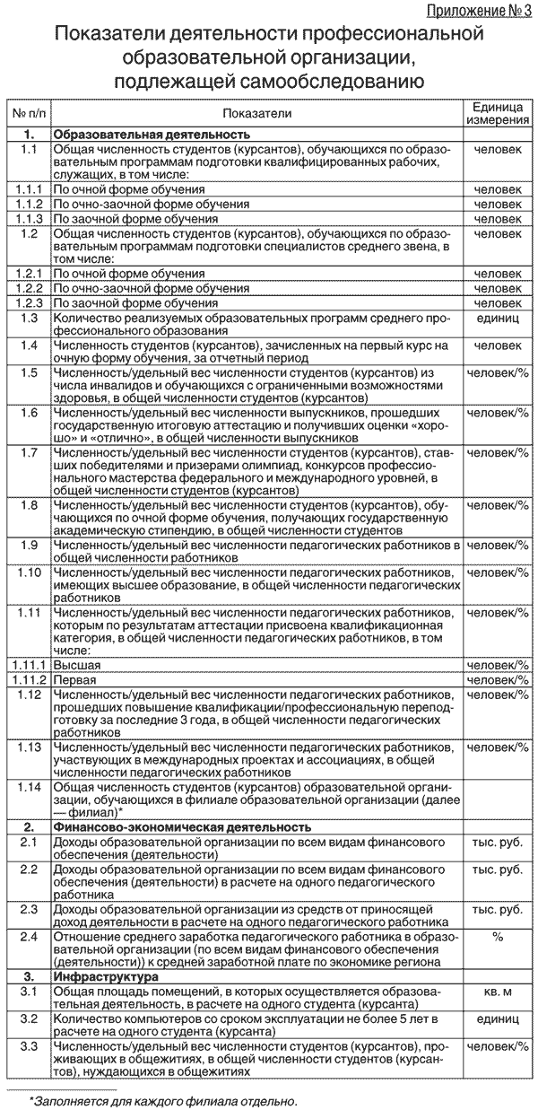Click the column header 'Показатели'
tap(256, 114)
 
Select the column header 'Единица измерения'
tap(497, 113)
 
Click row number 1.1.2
tap(29, 204)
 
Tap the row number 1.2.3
tap(29, 303)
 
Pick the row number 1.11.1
tap(29, 665)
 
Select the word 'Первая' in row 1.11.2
tap(75, 679)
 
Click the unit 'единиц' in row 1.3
tap(497, 318)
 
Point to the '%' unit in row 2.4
tap(497, 936)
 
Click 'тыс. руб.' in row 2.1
tap(497, 843)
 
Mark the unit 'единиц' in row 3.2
tap(497, 1019)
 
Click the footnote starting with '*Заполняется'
tap(162, 1099)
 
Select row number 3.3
tap(29, 1046)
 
